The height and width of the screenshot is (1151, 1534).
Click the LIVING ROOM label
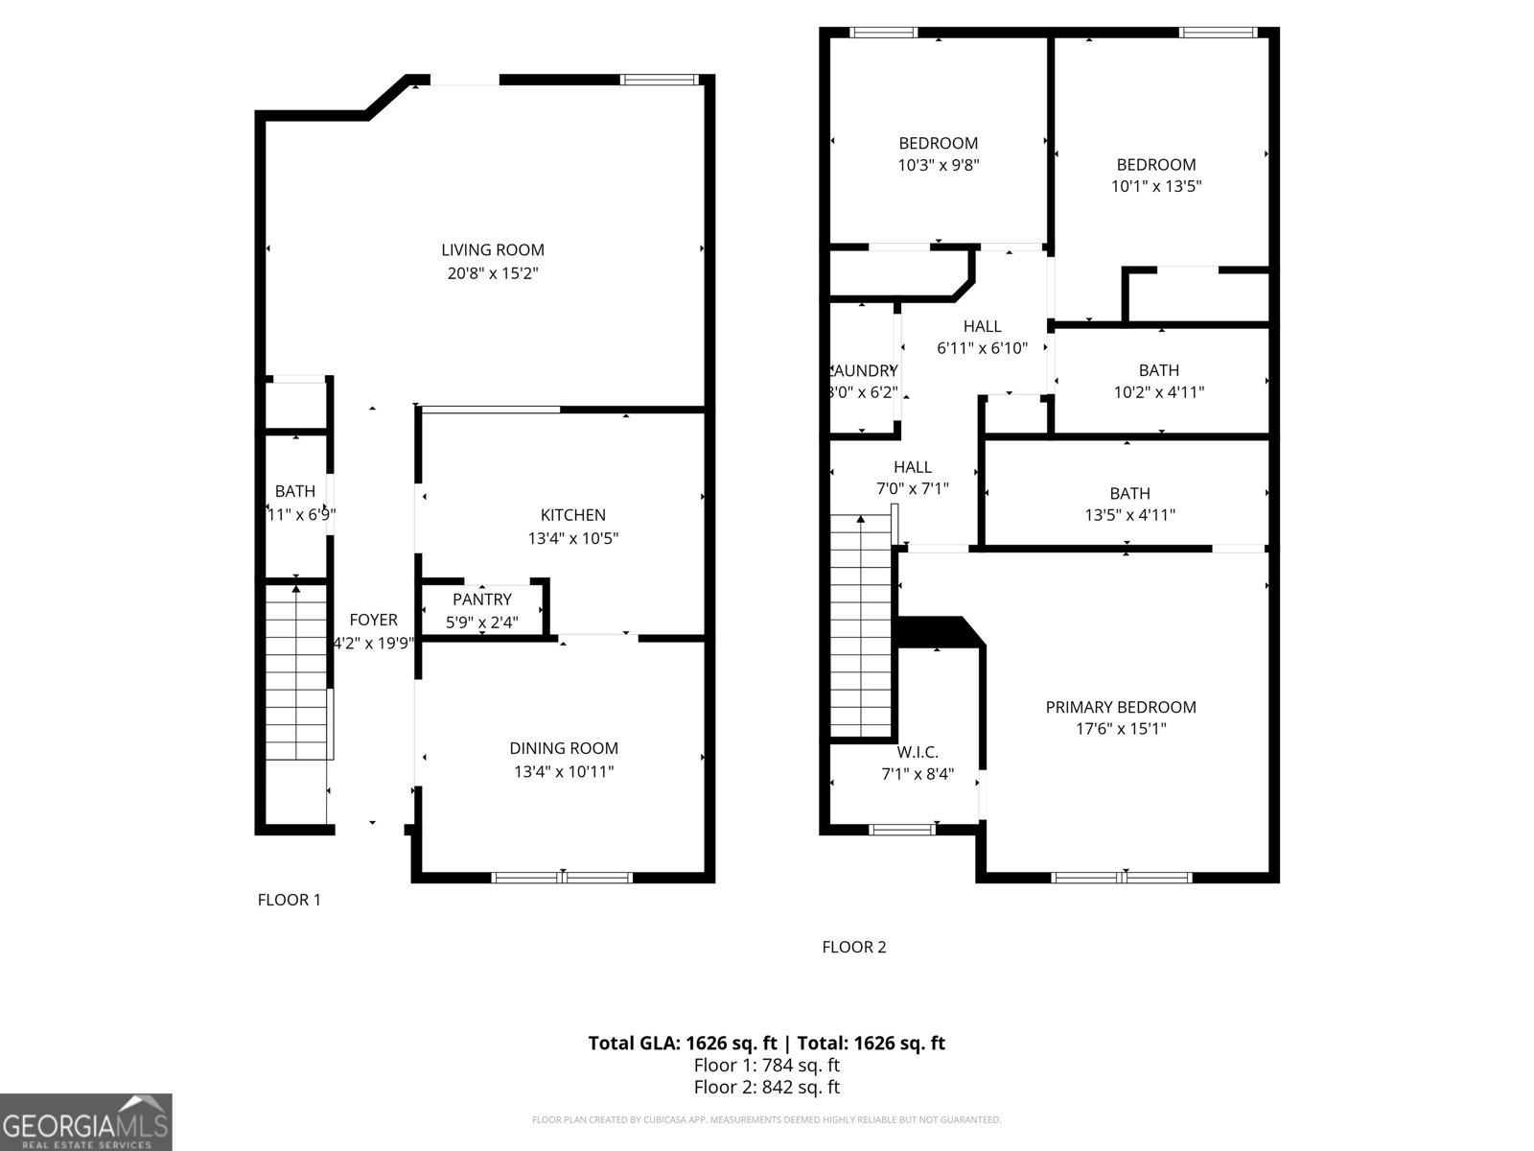(493, 250)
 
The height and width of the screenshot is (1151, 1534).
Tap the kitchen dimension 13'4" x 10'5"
(572, 539)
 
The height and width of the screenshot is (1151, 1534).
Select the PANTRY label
(482, 599)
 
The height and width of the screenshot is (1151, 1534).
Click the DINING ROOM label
(563, 748)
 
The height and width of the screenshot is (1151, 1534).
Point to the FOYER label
(373, 620)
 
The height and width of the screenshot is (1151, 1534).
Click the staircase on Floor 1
(297, 671)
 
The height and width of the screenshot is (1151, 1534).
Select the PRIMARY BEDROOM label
(1120, 707)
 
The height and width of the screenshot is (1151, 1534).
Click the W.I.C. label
(918, 752)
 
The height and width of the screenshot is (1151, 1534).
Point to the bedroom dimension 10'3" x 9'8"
(938, 165)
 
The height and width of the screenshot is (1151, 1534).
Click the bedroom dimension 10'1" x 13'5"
(1155, 187)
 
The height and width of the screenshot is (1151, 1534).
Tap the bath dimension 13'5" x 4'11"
(1129, 515)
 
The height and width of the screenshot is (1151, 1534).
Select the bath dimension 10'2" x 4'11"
(1158, 392)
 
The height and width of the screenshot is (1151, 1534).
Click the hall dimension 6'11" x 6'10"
(982, 348)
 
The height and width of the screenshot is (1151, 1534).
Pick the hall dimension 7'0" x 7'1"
(912, 489)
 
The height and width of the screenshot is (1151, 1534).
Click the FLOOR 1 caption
(289, 900)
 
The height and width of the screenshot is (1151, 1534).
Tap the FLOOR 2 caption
(853, 948)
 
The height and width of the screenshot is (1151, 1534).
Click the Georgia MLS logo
(85, 1122)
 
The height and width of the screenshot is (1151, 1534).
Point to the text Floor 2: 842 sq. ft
(766, 1087)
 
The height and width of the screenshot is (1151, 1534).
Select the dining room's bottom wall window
(563, 877)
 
